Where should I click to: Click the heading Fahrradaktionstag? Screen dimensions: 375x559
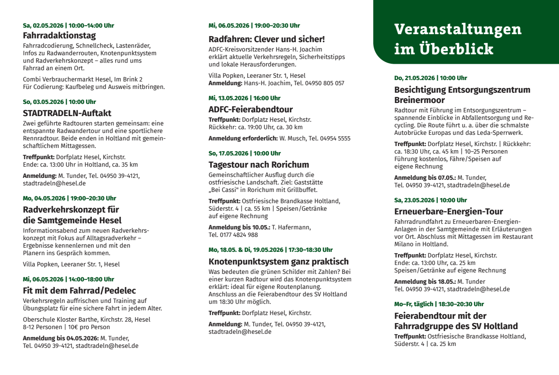pyautogui.click(x=59, y=36)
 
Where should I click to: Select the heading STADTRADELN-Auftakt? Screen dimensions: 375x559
pyautogui.click(x=67, y=113)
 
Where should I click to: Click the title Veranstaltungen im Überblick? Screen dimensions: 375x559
pyautogui.click(x=457, y=39)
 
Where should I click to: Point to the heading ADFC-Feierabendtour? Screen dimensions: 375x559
pyautogui.click(x=250, y=110)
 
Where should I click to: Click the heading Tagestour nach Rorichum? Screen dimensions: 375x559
pyautogui.click(x=258, y=165)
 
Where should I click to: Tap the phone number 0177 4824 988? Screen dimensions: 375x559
pyautogui.click(x=233, y=235)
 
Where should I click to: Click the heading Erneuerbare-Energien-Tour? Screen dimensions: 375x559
pyautogui.click(x=449, y=212)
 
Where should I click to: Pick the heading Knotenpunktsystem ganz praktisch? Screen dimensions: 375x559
pyautogui.click(x=279, y=261)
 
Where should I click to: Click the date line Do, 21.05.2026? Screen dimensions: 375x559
pyautogui.click(x=430, y=78)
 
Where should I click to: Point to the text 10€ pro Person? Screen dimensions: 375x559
pyautogui.click(x=89, y=327)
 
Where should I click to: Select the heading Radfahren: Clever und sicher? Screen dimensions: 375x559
pyautogui.click(x=266, y=39)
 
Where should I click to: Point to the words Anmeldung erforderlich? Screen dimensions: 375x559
pyautogui.click(x=243, y=139)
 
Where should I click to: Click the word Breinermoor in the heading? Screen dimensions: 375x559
pyautogui.click(x=419, y=100)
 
